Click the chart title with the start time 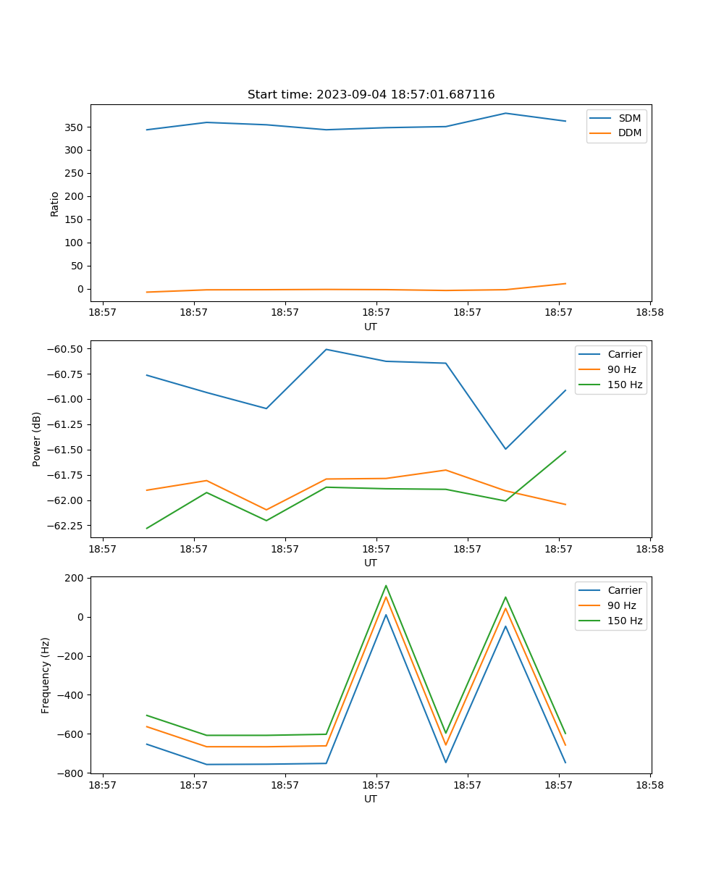(x=371, y=95)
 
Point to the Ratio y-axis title (x=55, y=203)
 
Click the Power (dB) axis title (x=37, y=439)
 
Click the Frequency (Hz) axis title (x=46, y=675)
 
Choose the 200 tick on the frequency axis (x=75, y=579)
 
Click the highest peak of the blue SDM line (x=505, y=113)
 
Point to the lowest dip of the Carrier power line (x=505, y=449)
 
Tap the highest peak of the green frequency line (x=386, y=585)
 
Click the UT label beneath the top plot (x=371, y=327)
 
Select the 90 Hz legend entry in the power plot (x=622, y=369)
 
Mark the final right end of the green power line (x=565, y=451)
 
